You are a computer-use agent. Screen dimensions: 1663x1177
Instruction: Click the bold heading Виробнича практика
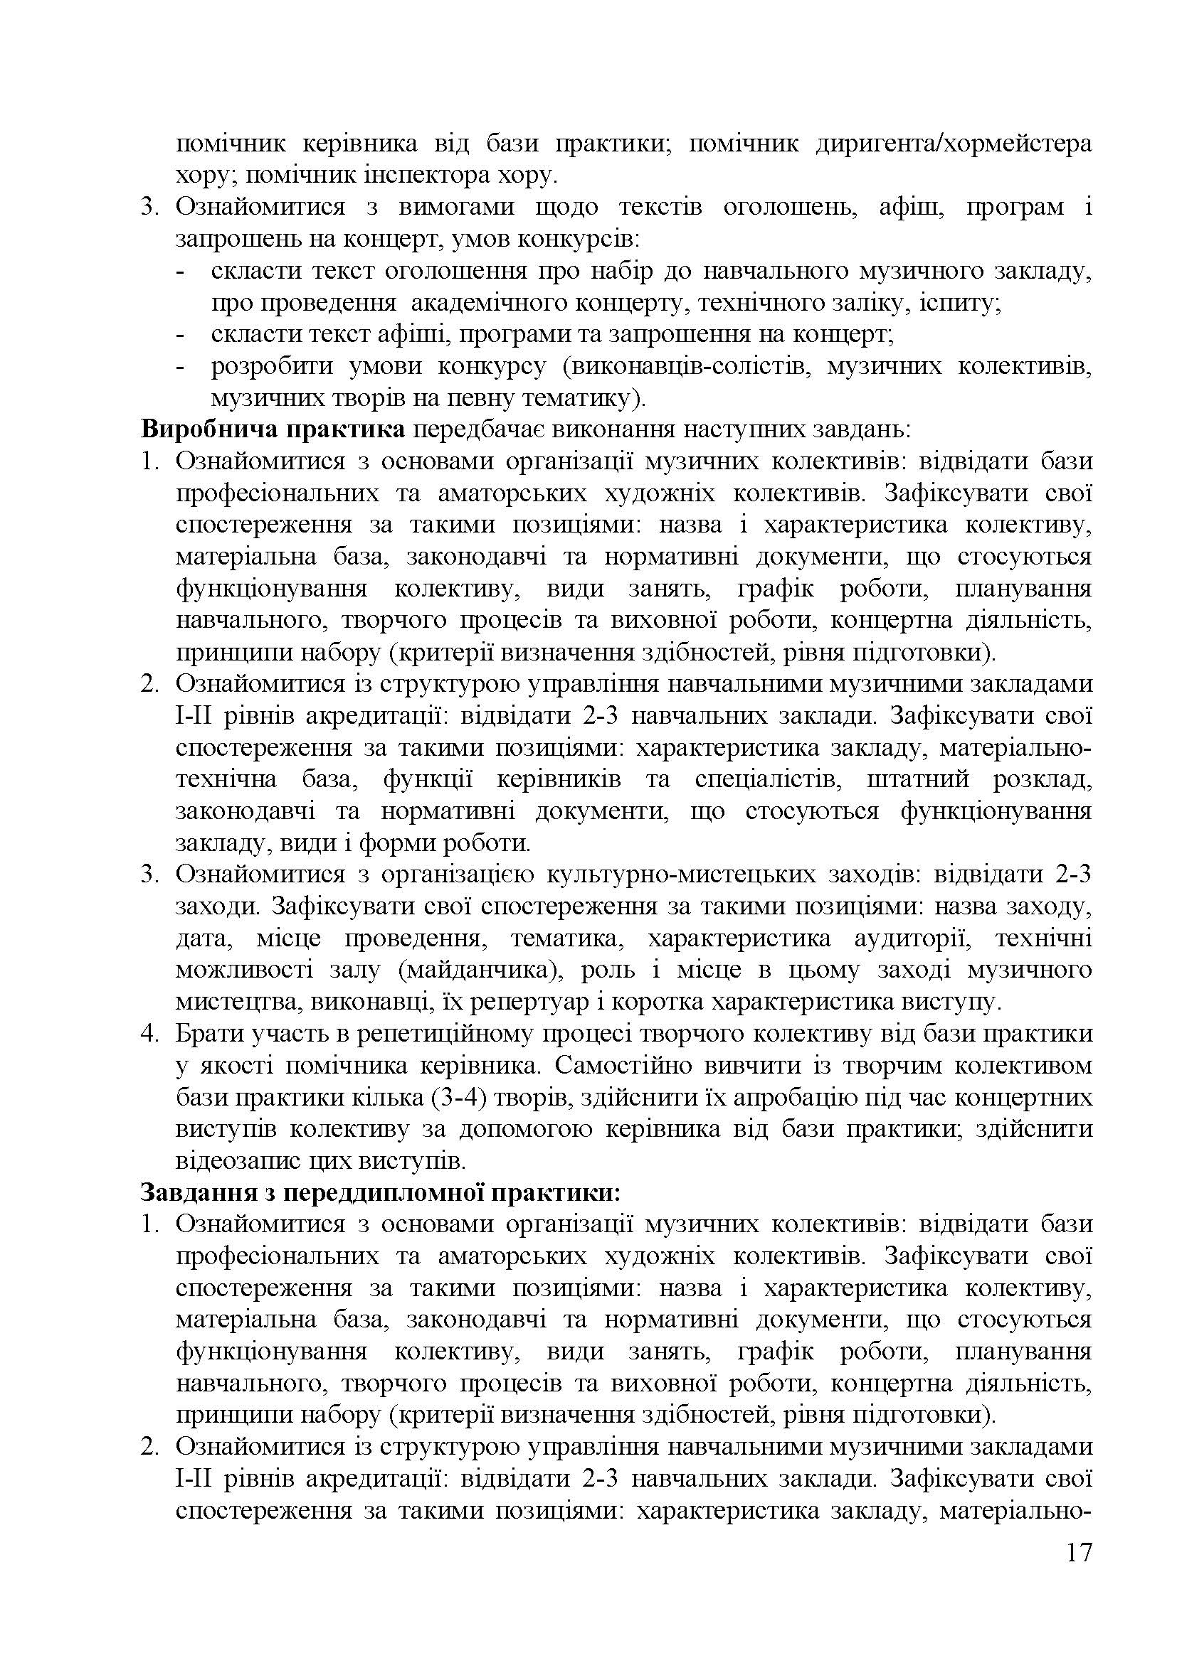coord(273,429)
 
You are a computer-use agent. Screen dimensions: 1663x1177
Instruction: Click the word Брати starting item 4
coord(208,1034)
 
